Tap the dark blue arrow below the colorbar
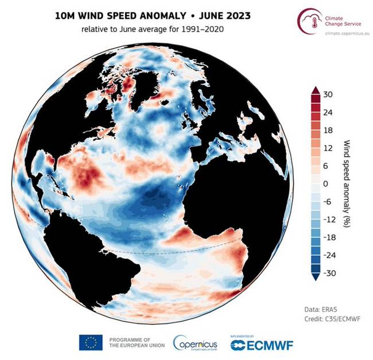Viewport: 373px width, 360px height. [x=314, y=277]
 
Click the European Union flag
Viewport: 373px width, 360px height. [x=91, y=342]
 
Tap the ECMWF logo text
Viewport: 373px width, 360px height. [x=265, y=345]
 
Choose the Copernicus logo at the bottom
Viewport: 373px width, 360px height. [x=195, y=342]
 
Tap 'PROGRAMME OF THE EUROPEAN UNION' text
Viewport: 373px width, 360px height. [x=136, y=342]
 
